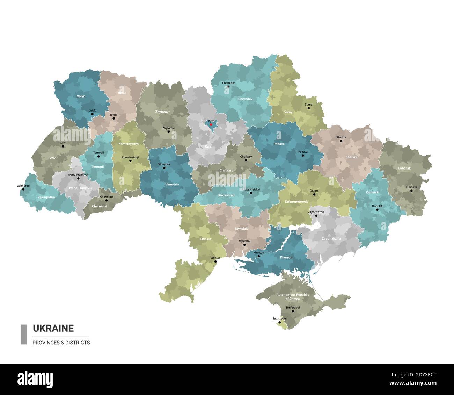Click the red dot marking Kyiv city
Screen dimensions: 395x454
[x=211, y=124]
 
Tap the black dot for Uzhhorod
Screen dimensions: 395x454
[x=23, y=189]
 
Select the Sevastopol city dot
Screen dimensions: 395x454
[x=279, y=323]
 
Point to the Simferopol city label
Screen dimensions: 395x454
[x=292, y=307]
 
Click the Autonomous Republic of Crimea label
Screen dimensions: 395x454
[x=292, y=297]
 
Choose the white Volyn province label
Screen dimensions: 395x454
[x=81, y=96]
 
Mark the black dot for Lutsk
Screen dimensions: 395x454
[x=92, y=114]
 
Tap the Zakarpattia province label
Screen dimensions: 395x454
[x=46, y=197]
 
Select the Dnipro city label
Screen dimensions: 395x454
[x=314, y=191]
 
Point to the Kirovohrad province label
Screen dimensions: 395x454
[x=226, y=195]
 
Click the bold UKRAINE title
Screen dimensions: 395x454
[x=53, y=328]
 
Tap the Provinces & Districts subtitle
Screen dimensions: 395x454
[x=61, y=343]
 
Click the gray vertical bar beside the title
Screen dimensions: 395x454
[x=24, y=334]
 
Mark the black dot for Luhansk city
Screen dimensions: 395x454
[x=411, y=191]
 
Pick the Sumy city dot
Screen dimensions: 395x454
[x=308, y=108]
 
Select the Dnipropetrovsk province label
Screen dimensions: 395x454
[x=296, y=202]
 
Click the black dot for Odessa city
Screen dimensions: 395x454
[x=215, y=261]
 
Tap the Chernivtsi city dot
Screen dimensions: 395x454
[x=107, y=200]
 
